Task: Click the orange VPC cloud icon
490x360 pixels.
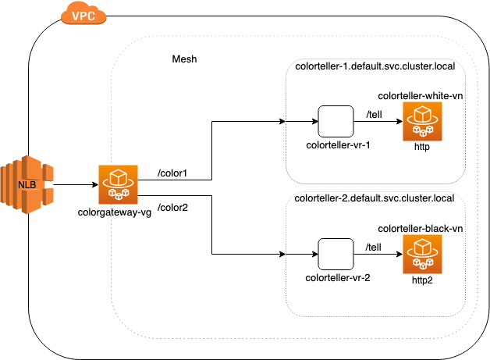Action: point(83,13)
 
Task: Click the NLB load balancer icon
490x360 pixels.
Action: point(27,184)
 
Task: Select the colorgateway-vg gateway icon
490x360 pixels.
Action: point(118,184)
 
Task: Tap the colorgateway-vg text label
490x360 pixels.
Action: point(115,212)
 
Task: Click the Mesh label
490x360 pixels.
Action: point(184,59)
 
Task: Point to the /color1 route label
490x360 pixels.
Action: point(172,173)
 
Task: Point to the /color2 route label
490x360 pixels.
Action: point(172,208)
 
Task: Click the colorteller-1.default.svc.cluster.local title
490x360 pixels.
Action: point(375,66)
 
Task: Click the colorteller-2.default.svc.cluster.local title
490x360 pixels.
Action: point(375,198)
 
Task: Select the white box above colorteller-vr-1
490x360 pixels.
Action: point(336,121)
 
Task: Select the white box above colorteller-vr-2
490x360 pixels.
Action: point(336,254)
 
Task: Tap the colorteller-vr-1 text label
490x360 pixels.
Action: point(338,145)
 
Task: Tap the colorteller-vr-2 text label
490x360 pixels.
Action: point(338,278)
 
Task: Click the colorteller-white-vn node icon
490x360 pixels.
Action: point(422,121)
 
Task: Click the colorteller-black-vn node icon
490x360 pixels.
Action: point(422,255)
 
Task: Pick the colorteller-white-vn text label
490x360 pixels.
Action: point(421,96)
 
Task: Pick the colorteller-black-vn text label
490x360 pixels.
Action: point(421,229)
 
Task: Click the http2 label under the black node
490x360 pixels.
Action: point(422,280)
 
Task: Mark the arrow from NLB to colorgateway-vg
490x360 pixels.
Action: point(76,184)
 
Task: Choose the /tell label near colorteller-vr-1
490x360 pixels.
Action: point(374,115)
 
